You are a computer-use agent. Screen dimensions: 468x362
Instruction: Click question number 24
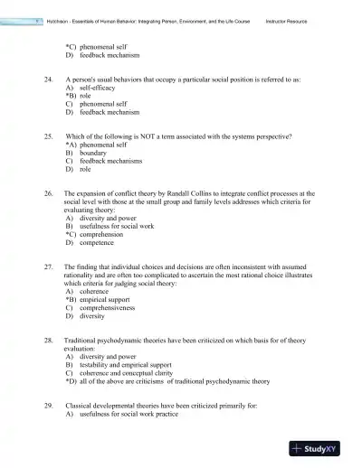tap(48, 80)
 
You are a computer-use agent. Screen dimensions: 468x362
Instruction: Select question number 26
tap(48, 192)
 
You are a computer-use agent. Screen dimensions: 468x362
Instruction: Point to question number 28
tap(48, 341)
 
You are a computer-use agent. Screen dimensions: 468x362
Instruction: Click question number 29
tap(48, 406)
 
